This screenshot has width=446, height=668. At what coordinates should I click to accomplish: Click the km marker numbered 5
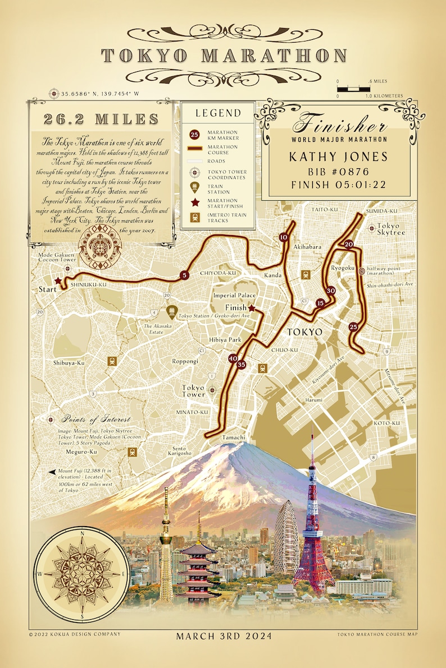[183, 275]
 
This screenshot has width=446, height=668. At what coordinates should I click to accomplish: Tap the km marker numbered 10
[283, 237]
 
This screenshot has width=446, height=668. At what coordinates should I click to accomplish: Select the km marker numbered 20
[349, 244]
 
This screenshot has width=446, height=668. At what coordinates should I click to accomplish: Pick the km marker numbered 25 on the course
[353, 327]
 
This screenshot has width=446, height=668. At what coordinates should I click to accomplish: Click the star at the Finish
[252, 308]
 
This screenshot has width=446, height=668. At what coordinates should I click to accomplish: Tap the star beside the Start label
[57, 282]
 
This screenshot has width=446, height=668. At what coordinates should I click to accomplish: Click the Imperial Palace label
[234, 296]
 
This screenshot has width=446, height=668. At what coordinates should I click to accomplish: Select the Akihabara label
[308, 246]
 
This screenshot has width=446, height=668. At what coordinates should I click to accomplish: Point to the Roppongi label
[185, 362]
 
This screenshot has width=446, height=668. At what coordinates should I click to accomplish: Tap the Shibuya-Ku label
[69, 363]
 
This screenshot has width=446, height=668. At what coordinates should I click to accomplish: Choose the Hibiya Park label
[225, 340]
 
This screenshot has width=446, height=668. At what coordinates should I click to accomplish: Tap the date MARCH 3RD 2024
[224, 636]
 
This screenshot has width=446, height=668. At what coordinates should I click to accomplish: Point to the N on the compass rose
[83, 533]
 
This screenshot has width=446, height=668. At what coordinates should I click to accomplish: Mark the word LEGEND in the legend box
[218, 113]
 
